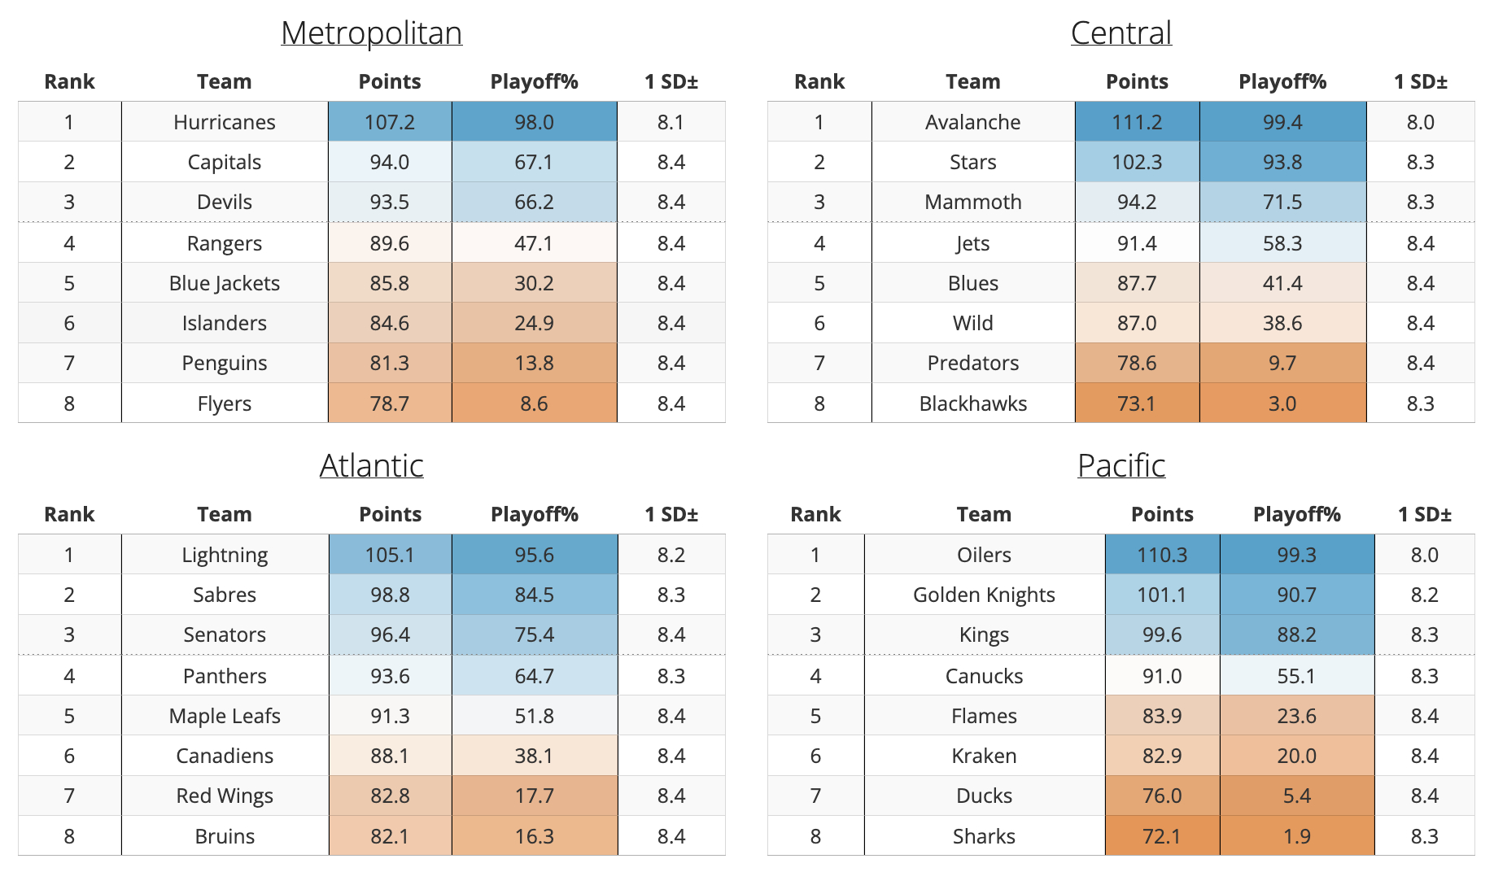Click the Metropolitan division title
click(371, 33)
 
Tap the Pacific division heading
click(1120, 466)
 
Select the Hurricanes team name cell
click(224, 122)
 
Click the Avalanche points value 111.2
click(1136, 122)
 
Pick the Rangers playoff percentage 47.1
click(534, 243)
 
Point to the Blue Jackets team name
click(224, 283)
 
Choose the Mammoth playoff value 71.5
click(1282, 202)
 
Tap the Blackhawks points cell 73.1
click(1136, 403)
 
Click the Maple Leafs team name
click(224, 716)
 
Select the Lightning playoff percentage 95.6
click(534, 555)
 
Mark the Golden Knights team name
click(983, 595)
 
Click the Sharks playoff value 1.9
click(1296, 836)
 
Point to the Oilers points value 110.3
click(1161, 555)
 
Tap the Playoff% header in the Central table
click(1282, 81)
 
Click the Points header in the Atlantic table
click(390, 514)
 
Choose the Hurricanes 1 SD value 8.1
click(671, 122)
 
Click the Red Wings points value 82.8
click(390, 796)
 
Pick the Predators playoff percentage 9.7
click(1282, 363)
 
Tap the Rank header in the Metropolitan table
click(69, 81)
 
